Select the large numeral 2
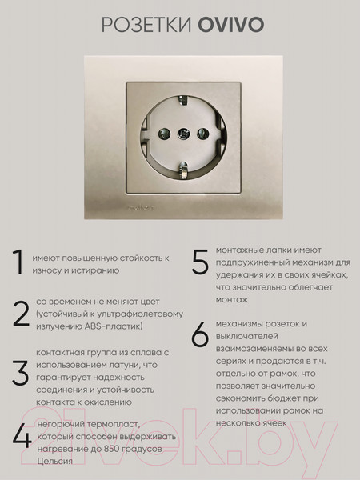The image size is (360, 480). coord(21,314)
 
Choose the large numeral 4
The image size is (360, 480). coord(21,438)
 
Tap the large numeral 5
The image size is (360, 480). coord(199,265)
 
